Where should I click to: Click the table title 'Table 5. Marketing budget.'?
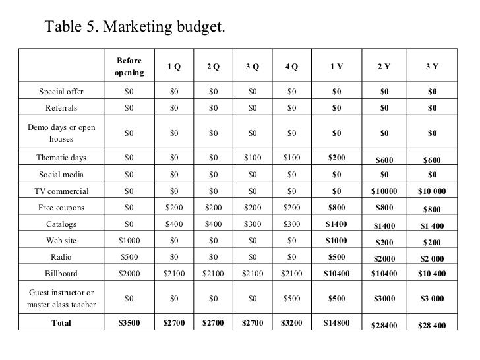[135, 27]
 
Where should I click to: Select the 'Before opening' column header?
[129, 66]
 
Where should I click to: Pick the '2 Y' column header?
[384, 66]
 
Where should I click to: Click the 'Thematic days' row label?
[61, 158]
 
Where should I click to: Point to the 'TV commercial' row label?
[61, 191]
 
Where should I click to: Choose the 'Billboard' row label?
[61, 273]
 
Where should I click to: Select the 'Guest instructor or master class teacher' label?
[61, 298]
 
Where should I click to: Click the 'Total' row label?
[61, 323]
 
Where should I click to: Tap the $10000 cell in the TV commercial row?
[384, 192]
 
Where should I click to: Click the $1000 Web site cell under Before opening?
[129, 240]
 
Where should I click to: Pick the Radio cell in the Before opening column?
[129, 256]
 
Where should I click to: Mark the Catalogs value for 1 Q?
[174, 224]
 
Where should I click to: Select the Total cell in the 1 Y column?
[336, 323]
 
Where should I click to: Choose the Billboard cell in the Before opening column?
[129, 273]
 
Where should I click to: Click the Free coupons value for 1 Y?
[336, 207]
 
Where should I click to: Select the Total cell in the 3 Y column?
[432, 325]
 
